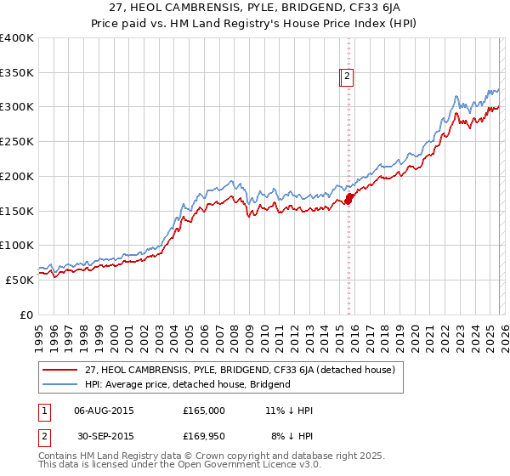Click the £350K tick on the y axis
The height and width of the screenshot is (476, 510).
(x=17, y=73)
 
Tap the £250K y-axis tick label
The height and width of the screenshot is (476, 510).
(x=17, y=142)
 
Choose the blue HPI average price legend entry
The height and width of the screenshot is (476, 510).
(x=188, y=384)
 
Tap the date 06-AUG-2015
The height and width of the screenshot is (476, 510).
(x=104, y=411)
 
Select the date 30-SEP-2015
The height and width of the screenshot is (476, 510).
(x=104, y=435)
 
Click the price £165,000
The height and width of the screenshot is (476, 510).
(x=204, y=411)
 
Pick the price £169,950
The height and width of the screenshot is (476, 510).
(x=204, y=435)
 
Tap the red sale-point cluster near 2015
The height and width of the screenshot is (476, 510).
(x=348, y=200)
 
